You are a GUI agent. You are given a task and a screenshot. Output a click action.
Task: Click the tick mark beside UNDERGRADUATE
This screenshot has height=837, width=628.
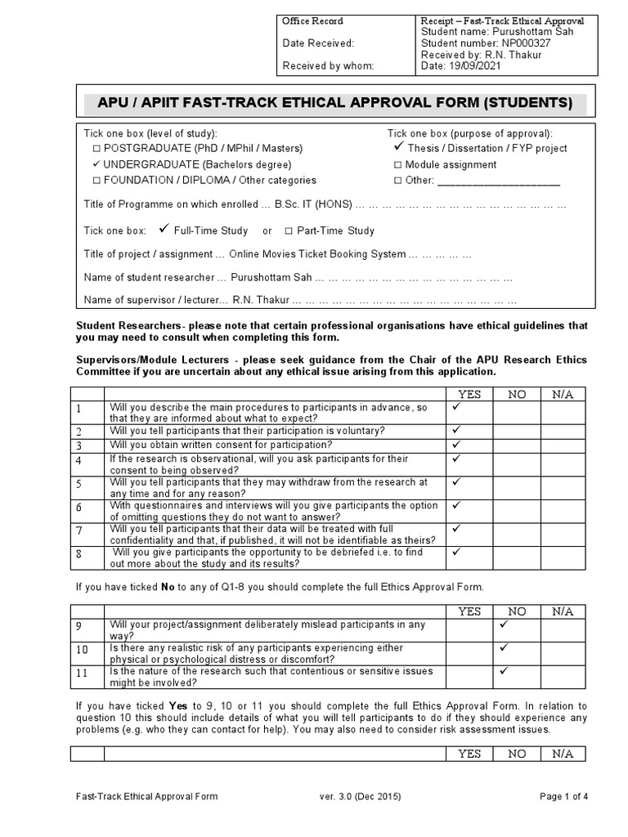tap(96, 164)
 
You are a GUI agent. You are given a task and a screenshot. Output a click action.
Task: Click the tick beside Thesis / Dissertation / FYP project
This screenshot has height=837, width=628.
tap(398, 148)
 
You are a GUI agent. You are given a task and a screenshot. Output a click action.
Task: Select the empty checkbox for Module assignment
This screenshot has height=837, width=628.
tap(397, 165)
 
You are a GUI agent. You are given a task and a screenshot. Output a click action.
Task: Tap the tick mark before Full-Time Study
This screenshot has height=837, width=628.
tap(164, 230)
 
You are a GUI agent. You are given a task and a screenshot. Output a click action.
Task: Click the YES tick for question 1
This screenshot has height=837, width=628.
tap(456, 406)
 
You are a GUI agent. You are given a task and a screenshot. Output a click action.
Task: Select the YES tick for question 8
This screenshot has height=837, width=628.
tap(456, 552)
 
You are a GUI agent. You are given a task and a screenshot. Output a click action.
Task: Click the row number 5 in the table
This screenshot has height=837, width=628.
tap(79, 484)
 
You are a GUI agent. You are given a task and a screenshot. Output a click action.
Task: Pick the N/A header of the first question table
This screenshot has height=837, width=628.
tap(563, 394)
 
